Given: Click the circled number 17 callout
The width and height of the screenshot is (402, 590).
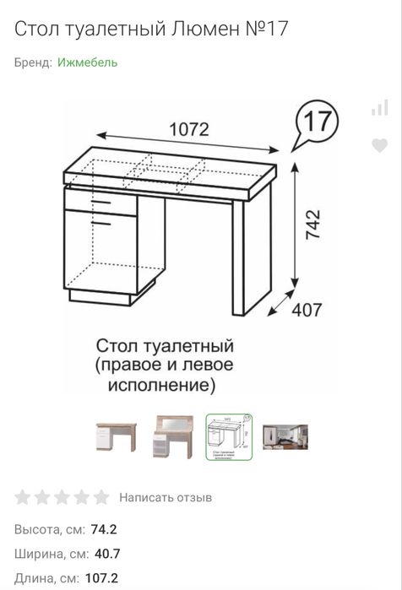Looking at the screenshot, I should click(317, 122).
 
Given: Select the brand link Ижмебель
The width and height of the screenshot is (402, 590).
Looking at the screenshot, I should click(88, 62).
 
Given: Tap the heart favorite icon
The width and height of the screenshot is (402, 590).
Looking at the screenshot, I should click(380, 145).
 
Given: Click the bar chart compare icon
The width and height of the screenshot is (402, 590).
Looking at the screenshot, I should click(380, 107).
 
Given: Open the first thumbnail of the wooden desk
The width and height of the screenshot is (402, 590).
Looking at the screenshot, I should click(116, 436).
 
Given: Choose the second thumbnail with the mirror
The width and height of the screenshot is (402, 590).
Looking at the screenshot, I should click(172, 436).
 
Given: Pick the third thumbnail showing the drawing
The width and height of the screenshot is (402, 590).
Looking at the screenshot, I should click(229, 436).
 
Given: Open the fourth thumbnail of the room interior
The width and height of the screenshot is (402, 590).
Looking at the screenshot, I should click(285, 436).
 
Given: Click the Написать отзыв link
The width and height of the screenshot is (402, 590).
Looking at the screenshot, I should click(166, 497).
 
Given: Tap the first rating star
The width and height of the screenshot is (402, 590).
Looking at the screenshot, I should click(24, 497).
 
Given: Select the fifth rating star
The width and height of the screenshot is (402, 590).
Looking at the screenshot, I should click(101, 497).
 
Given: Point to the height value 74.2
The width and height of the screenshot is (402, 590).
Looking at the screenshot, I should click(105, 529).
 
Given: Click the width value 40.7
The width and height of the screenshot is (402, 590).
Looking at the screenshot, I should click(105, 554).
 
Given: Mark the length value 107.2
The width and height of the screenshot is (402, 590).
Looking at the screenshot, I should click(107, 578).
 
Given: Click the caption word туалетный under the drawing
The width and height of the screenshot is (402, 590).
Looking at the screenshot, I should click(190, 347).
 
